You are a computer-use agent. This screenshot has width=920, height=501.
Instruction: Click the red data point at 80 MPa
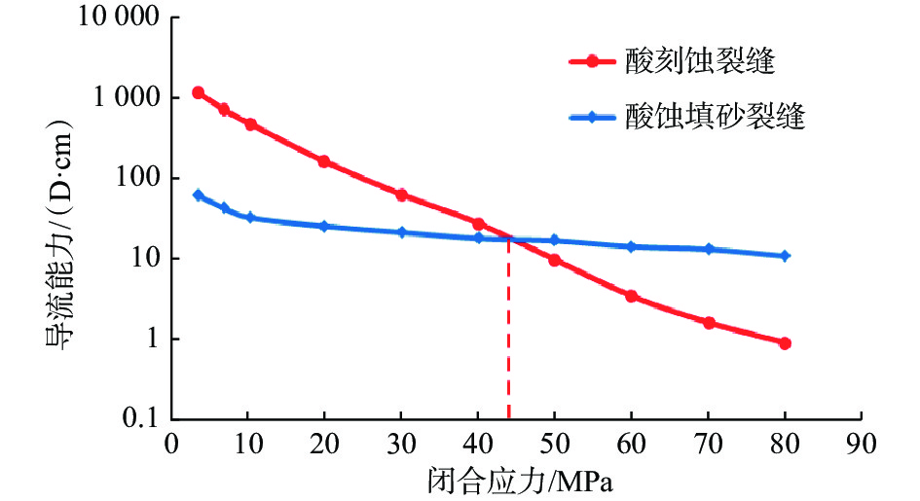tap(785, 343)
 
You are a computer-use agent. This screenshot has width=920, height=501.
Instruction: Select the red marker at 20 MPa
tap(324, 161)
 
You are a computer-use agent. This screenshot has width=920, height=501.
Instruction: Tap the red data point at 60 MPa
tap(631, 296)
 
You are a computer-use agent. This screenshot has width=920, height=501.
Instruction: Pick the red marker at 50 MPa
tap(554, 260)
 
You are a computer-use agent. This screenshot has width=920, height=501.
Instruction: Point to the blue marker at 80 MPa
tap(785, 256)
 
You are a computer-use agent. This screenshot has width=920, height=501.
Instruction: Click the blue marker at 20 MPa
tap(324, 226)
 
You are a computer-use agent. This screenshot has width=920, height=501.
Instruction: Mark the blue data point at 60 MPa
tap(631, 247)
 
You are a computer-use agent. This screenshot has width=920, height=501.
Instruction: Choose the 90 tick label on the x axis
tap(861, 441)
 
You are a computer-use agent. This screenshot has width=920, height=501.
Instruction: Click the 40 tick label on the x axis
tap(477, 441)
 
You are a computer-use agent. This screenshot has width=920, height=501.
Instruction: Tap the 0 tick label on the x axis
tap(171, 441)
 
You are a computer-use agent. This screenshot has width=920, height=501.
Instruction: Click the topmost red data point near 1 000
tap(198, 93)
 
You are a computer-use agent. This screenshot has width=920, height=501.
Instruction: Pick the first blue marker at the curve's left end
tap(198, 196)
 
